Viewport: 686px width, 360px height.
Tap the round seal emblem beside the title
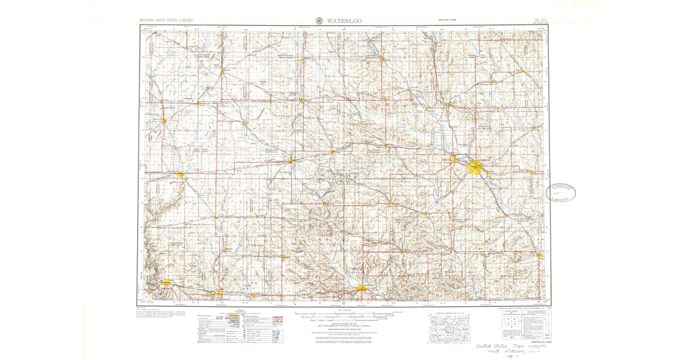coord(318,21)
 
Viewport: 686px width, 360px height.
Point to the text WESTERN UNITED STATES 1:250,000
coord(166,21)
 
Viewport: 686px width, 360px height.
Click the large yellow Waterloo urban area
coord(476,167)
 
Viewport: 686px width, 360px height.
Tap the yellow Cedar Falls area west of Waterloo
coord(454,159)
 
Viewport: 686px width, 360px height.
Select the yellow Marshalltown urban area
coord(362,290)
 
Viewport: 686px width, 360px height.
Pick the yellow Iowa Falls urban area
coord(292,160)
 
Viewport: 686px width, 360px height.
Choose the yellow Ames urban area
coord(166,282)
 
